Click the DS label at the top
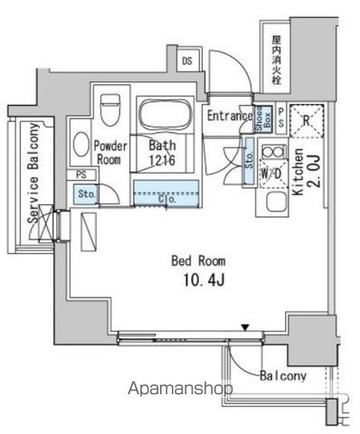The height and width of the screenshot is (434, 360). point(186,61)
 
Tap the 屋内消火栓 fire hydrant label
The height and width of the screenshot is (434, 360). point(277,58)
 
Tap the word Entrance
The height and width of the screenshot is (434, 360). point(228,116)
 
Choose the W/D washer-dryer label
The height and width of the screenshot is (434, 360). point(270,173)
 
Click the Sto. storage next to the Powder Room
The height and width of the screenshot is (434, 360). point(87,193)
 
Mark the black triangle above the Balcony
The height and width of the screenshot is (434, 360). point(244,327)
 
